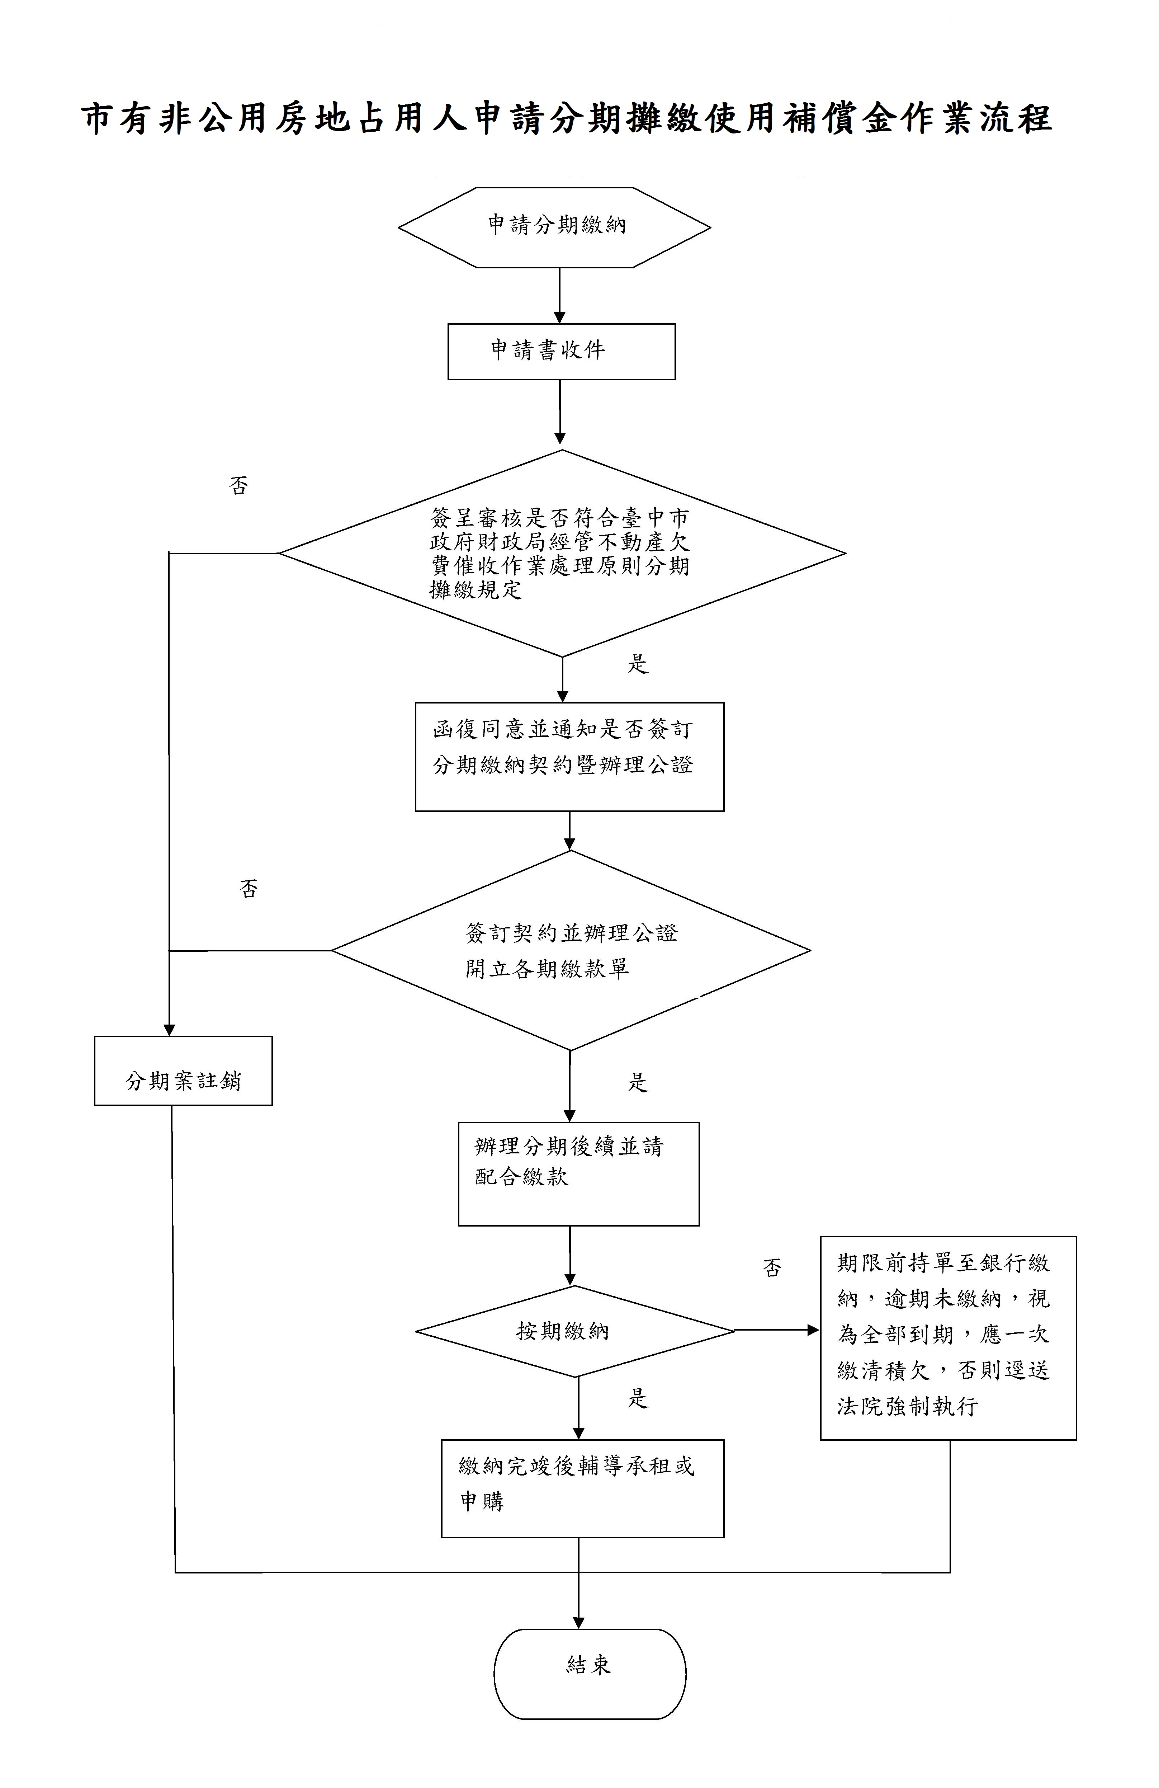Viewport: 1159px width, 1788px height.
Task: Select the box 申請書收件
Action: click(561, 351)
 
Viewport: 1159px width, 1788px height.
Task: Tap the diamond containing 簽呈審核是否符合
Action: click(562, 553)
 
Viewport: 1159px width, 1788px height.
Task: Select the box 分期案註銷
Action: click(183, 1071)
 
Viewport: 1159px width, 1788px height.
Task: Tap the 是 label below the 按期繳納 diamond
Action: click(637, 1399)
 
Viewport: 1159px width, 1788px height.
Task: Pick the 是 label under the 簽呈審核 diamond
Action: click(637, 664)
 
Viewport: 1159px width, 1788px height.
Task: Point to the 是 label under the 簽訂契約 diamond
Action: click(637, 1083)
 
